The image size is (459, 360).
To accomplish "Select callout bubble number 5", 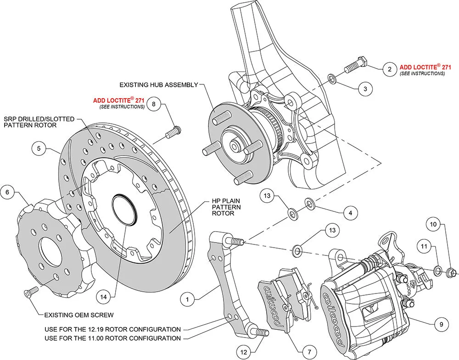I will coord(39,149).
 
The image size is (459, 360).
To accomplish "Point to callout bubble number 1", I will coord(187,299).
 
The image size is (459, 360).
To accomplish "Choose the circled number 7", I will coord(309,352).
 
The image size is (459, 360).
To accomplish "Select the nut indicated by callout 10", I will coord(451,273).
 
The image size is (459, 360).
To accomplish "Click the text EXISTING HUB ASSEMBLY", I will coord(158,85).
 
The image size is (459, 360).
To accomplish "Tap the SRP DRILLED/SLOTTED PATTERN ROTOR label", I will coord(39,122).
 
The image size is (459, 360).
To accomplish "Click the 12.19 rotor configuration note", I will coord(112,329).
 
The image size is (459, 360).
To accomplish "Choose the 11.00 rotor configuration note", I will coord(112,338).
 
